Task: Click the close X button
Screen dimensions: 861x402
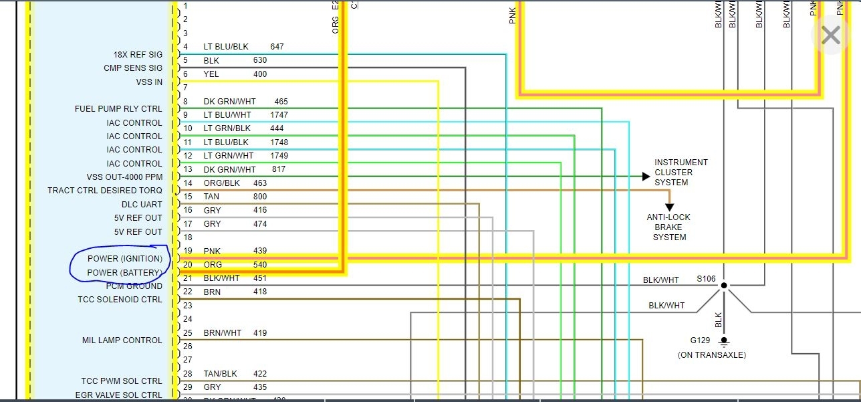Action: tap(830, 35)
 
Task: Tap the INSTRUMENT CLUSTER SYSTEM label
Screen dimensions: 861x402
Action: tap(681, 172)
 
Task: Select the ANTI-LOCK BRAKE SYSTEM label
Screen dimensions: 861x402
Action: tap(669, 227)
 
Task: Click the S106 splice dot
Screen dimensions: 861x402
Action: tap(723, 286)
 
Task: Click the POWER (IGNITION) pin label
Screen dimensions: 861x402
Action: tap(125, 259)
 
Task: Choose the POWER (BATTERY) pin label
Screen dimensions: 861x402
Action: tap(125, 273)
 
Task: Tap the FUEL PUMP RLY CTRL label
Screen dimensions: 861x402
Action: tap(118, 109)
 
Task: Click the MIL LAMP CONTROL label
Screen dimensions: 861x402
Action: tap(122, 340)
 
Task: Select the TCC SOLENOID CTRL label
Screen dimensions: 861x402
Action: tap(120, 300)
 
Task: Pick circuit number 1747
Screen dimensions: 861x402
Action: tap(279, 115)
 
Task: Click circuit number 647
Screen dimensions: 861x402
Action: tap(277, 47)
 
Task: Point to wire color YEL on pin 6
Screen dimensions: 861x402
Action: tap(211, 74)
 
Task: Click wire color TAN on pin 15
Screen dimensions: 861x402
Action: tap(211, 197)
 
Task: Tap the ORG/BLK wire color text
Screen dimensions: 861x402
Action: tap(221, 183)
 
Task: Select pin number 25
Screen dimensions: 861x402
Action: tap(188, 332)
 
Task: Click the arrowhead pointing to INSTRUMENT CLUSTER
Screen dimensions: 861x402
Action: tap(646, 177)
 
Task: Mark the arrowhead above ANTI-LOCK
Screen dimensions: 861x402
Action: tap(669, 207)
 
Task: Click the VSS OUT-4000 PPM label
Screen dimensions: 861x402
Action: tap(124, 177)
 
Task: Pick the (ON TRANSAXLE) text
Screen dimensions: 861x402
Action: tap(711, 355)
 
